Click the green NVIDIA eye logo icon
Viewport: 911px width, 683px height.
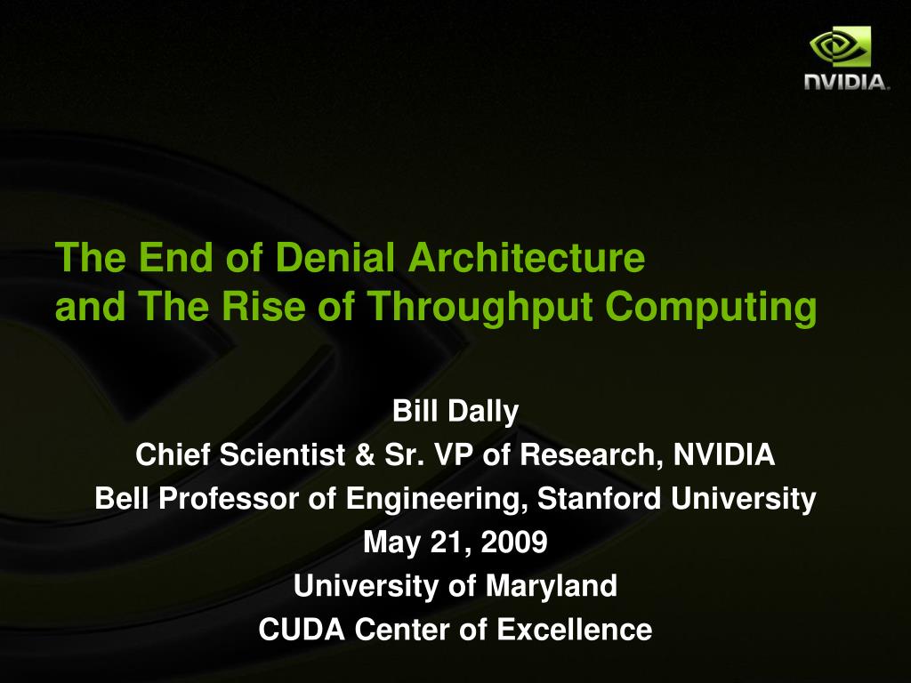pyautogui.click(x=840, y=46)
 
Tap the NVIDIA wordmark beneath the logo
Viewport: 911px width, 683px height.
pyautogui.click(x=846, y=82)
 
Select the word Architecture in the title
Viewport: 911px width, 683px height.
pyautogui.click(x=527, y=257)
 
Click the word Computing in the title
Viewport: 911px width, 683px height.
pyautogui.click(x=711, y=307)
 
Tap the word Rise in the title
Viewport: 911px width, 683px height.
pyautogui.click(x=263, y=306)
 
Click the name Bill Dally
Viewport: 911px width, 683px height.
pyautogui.click(x=455, y=411)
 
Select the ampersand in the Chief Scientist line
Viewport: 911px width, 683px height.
pyautogui.click(x=364, y=454)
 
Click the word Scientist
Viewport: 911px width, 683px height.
pyautogui.click(x=282, y=454)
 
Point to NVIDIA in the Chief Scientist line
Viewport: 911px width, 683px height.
pyautogui.click(x=724, y=454)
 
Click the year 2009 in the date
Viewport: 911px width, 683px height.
pyautogui.click(x=514, y=542)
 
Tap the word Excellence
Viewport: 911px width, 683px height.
pyautogui.click(x=575, y=630)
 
